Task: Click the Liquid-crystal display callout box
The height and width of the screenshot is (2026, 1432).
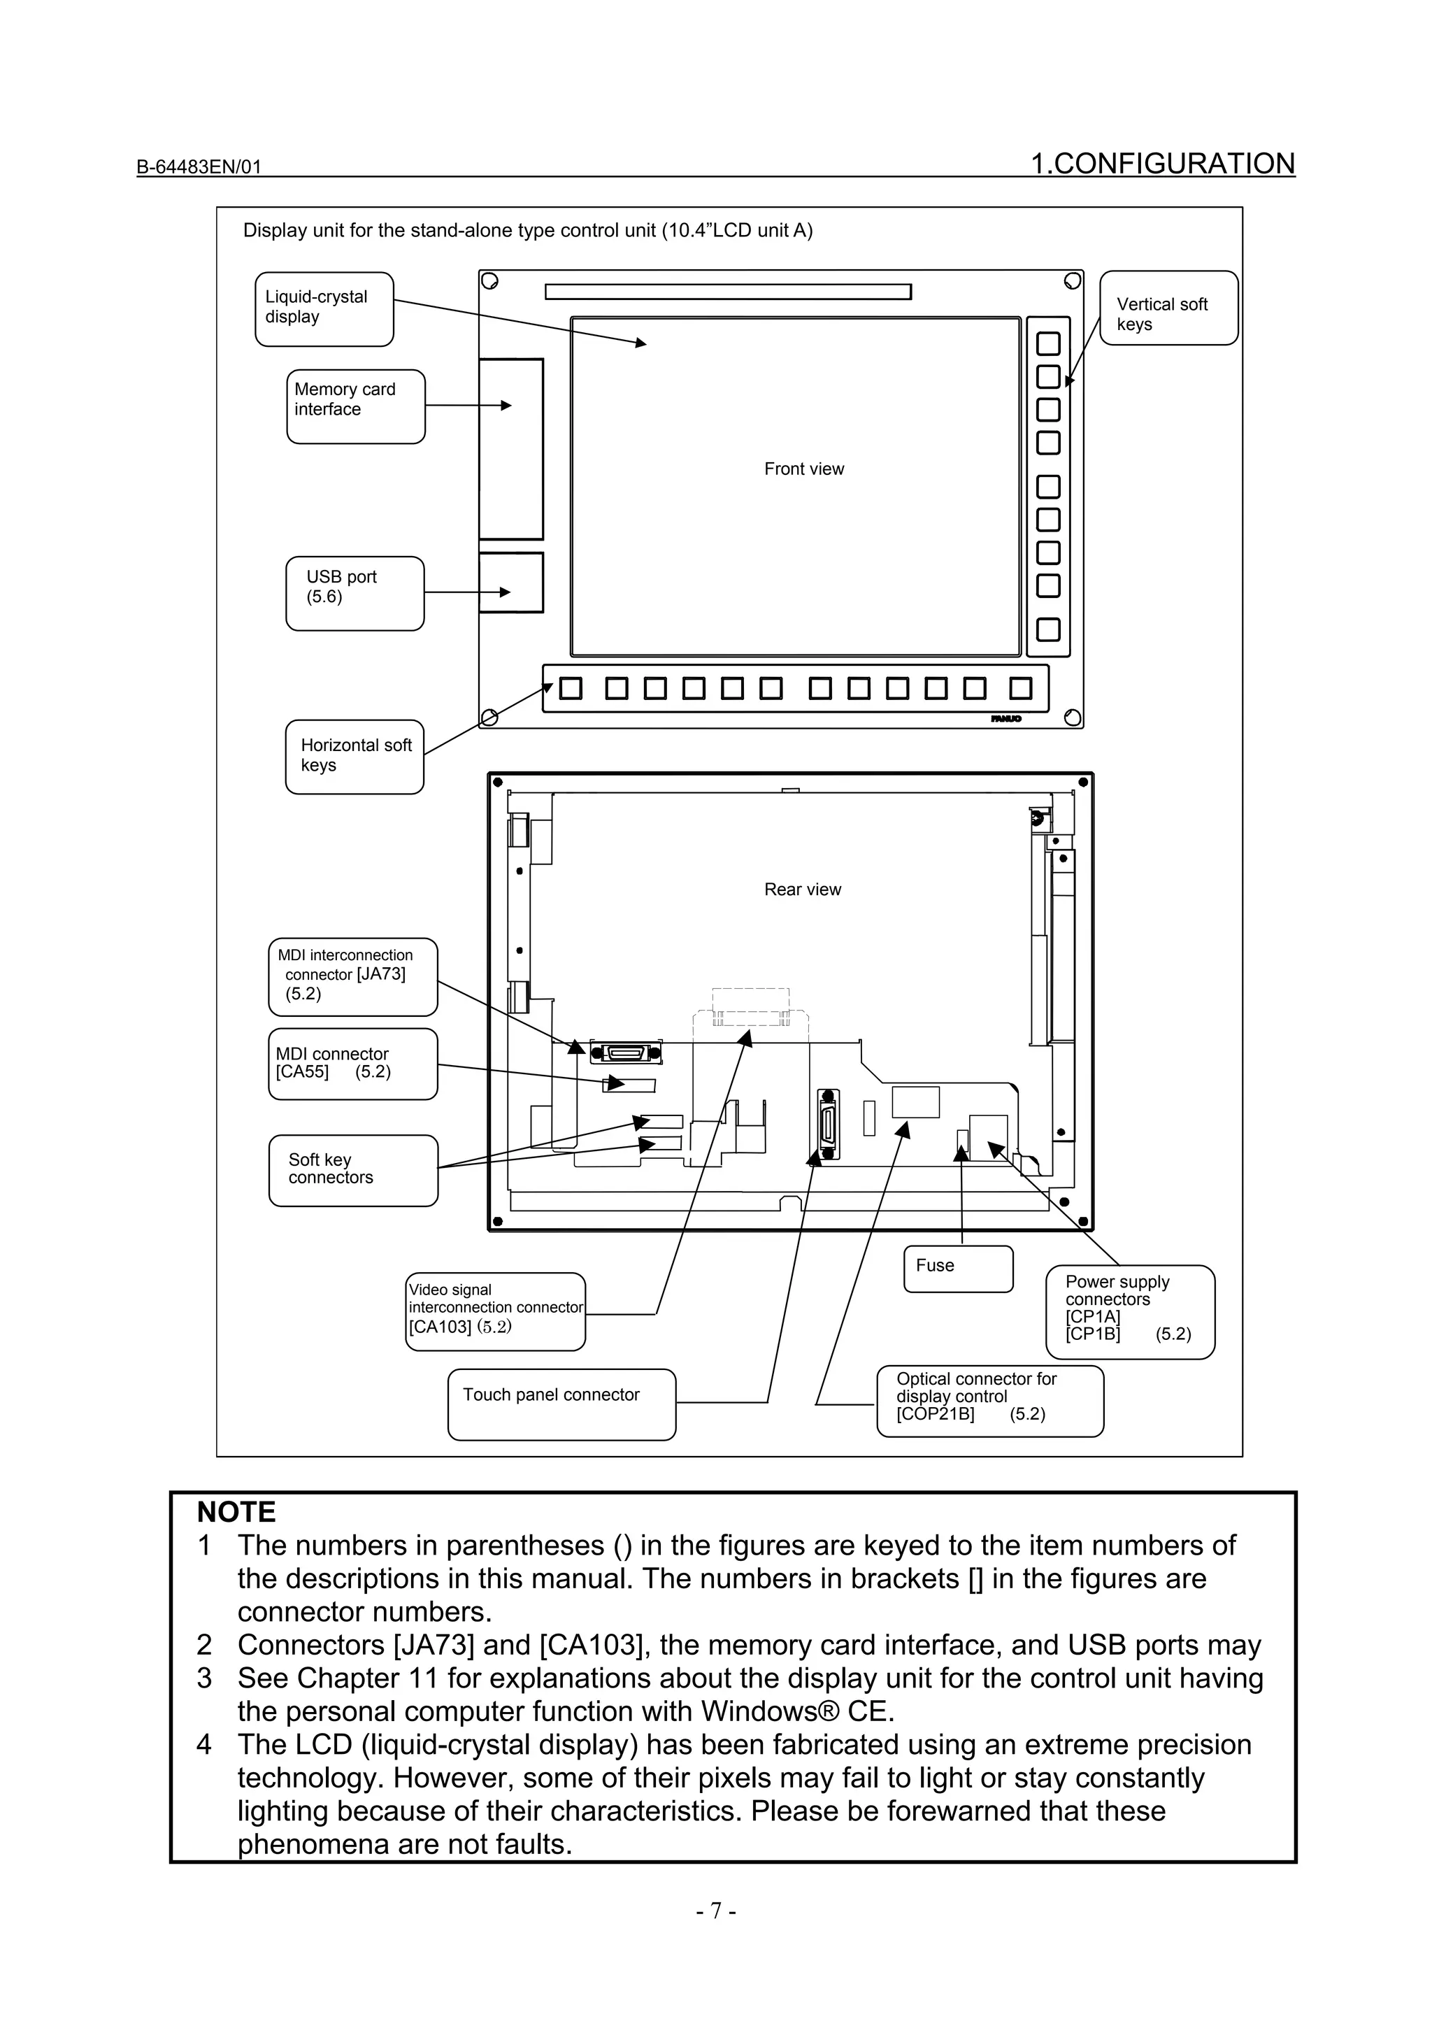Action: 324,309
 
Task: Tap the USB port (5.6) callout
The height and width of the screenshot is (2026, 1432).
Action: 355,593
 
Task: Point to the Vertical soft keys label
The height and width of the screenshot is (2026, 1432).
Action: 1168,308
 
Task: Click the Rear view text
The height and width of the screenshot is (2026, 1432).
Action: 802,890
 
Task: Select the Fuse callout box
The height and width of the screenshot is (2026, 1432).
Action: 957,1268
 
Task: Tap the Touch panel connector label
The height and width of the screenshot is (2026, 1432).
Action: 561,1403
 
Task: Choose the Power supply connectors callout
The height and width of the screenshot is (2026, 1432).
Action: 1129,1311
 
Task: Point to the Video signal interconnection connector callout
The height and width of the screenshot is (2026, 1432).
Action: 495,1311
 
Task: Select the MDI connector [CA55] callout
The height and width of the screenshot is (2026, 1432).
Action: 353,1063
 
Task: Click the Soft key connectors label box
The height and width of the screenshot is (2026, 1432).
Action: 353,1170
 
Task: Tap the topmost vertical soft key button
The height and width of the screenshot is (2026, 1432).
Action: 1047,343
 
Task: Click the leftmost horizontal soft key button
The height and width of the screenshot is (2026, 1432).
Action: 571,688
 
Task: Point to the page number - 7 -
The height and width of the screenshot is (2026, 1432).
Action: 715,1911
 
